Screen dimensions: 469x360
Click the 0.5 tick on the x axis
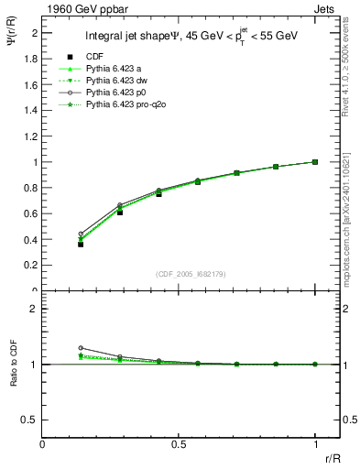[179, 444]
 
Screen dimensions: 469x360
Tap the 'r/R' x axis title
[331, 457]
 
